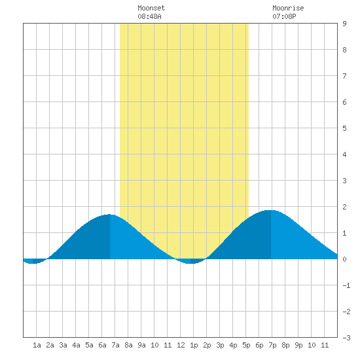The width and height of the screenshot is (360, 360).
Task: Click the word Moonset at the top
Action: pos(151,8)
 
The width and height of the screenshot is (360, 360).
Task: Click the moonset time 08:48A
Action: pos(149,16)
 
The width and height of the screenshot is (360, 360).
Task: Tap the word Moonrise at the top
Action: pos(288,8)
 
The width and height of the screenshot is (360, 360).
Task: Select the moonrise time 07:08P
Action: pos(284,16)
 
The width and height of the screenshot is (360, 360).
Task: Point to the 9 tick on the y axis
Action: pos(344,24)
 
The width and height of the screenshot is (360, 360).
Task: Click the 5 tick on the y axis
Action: pos(344,128)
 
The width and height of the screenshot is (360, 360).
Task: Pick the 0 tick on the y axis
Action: pos(344,259)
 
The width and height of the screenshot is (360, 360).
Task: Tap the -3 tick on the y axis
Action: pos(346,338)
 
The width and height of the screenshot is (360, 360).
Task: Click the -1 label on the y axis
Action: pos(346,285)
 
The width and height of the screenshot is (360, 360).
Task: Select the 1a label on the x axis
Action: pos(37,345)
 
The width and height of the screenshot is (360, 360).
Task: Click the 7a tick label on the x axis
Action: pos(115,345)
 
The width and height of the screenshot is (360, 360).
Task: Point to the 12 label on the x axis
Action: pos(181,345)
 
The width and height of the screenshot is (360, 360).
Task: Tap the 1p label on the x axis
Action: pos(194,345)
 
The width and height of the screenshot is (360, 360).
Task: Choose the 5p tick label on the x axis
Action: pos(246,345)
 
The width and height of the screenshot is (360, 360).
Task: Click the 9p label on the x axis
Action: pos(298,345)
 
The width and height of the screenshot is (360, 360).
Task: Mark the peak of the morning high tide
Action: pos(110,215)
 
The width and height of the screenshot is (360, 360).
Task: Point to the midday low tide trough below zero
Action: pos(190,263)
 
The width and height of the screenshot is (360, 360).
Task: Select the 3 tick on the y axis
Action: pos(344,181)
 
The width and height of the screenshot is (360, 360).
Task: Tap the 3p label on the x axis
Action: pos(220,345)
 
